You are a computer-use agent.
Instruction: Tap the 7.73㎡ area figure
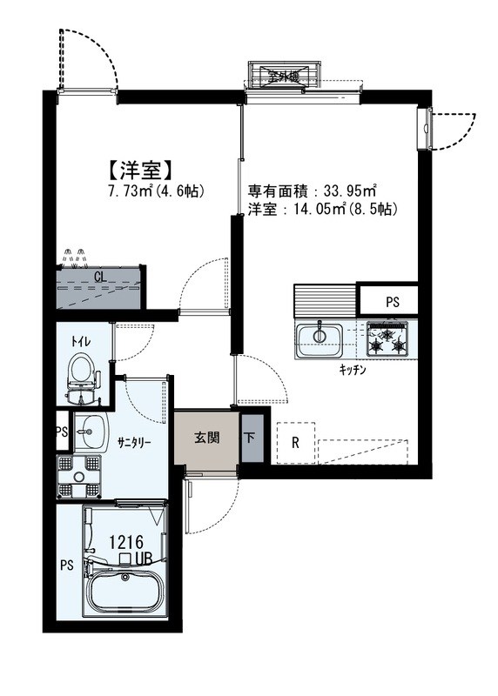pyautogui.click(x=127, y=190)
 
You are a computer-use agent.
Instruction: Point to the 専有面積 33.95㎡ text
pyautogui.click(x=312, y=191)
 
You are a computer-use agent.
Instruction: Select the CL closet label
pyautogui.click(x=99, y=278)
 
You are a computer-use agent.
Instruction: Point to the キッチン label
pyautogui.click(x=352, y=370)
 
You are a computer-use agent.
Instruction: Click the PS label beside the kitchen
pyautogui.click(x=393, y=303)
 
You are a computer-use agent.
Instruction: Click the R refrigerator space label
pyautogui.click(x=296, y=442)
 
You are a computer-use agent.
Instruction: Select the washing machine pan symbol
pyautogui.click(x=80, y=476)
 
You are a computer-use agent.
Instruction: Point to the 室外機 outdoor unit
pyautogui.click(x=282, y=76)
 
